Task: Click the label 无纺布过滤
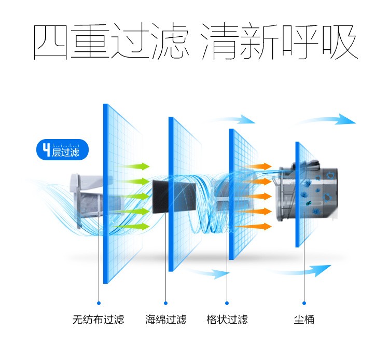(x=98, y=320)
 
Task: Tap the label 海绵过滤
(x=166, y=320)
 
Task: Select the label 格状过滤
(x=227, y=320)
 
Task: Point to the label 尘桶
(x=304, y=320)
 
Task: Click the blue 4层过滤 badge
(x=62, y=149)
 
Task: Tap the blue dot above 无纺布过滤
(x=99, y=303)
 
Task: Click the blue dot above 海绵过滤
(x=166, y=303)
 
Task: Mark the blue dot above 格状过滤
(x=227, y=303)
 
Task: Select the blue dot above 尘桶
(x=304, y=303)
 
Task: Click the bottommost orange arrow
(x=253, y=227)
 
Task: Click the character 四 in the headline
(x=51, y=41)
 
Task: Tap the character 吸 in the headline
(x=340, y=41)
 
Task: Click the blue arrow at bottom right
(x=303, y=271)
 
